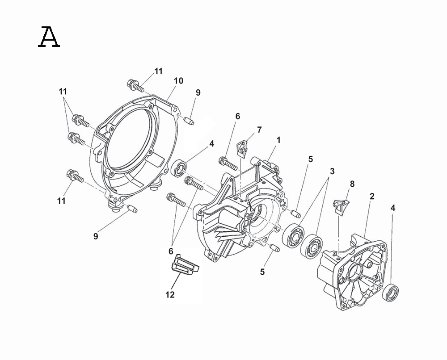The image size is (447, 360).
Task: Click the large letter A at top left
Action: tap(49, 37)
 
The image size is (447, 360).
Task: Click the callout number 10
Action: tap(178, 81)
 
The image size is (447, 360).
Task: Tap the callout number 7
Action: tap(259, 130)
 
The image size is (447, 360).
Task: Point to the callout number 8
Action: tap(352, 184)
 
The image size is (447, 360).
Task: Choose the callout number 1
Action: tap(278, 140)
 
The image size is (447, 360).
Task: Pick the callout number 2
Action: tap(372, 196)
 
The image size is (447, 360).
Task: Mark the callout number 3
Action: tap(332, 172)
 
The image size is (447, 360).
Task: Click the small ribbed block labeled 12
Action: tap(185, 264)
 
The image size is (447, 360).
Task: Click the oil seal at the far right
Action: tap(391, 292)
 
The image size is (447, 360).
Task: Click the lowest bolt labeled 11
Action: tap(75, 176)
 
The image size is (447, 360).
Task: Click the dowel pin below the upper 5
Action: tap(295, 213)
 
